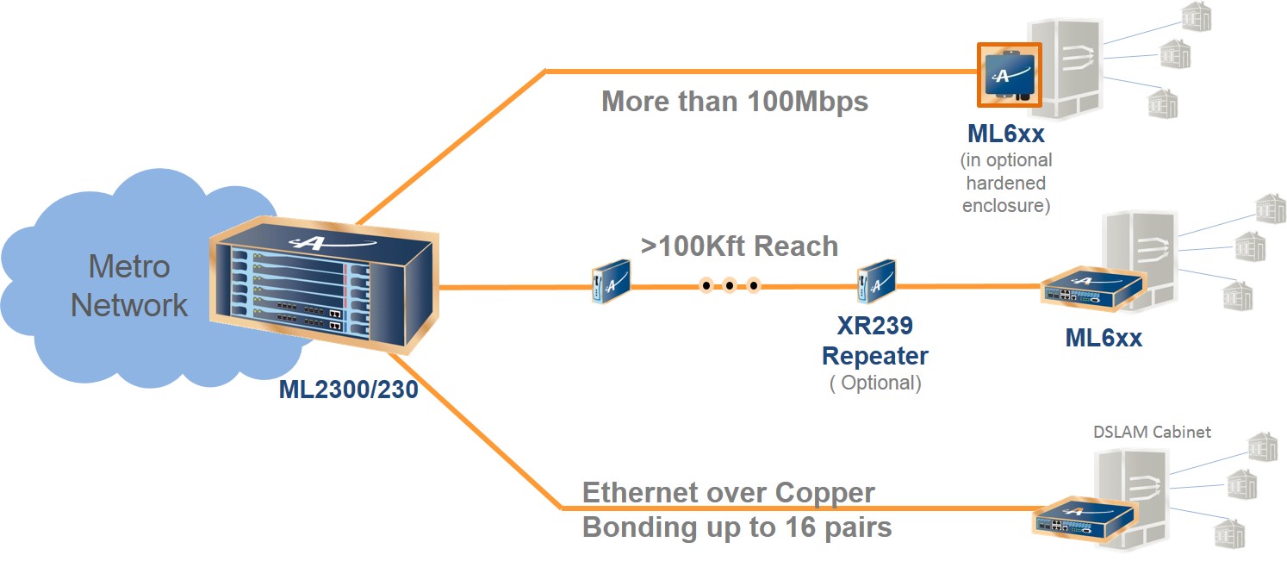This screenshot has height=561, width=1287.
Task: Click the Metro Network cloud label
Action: coord(129,285)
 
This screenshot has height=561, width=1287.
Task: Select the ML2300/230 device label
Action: coord(348,390)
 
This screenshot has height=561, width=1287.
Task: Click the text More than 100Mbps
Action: coord(734,101)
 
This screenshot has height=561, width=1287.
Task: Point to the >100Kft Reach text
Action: coord(739,246)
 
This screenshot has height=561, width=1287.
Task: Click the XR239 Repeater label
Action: coord(874,340)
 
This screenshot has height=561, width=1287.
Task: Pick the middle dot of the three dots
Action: coord(729,285)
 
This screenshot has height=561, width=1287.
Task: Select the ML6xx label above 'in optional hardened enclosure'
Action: coord(1006,134)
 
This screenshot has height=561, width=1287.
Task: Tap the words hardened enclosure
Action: coord(1006,194)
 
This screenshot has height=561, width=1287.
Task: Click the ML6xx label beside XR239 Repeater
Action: coord(1104,337)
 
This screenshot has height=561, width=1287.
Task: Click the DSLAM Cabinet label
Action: coord(1152,432)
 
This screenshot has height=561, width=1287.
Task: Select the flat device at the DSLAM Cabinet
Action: coord(1085,518)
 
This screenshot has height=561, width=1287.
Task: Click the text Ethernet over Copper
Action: coord(729,493)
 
